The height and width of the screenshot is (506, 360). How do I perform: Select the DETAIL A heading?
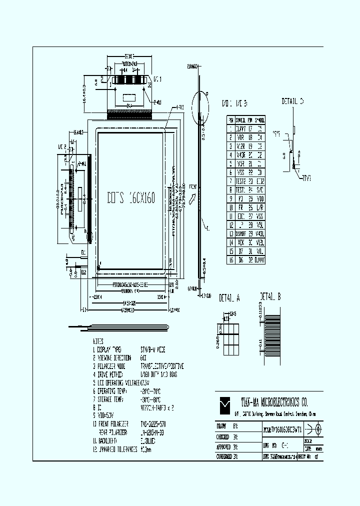(229, 298)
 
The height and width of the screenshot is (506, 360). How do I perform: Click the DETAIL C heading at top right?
(293, 101)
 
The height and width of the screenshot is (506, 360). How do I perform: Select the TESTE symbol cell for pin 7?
(240, 180)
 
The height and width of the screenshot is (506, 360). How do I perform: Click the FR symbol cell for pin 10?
(240, 207)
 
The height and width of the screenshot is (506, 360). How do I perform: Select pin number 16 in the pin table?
(230, 260)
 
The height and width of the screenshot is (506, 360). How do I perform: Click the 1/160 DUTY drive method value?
(159, 374)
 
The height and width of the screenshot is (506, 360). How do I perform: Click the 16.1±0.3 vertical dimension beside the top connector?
(84, 94)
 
